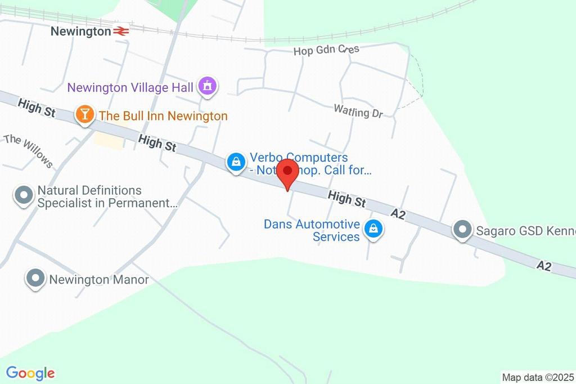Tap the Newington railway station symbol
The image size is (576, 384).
tap(121, 32)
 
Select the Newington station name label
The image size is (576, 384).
tap(81, 32)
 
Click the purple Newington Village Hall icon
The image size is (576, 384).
tap(208, 87)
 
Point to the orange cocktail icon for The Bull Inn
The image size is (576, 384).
tap(84, 115)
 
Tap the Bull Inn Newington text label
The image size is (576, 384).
tap(163, 117)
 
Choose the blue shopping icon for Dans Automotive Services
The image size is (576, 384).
tap(373, 229)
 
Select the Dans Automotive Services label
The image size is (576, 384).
tap(312, 230)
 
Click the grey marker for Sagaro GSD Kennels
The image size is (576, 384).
tap(462, 229)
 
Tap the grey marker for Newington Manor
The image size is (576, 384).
tap(35, 278)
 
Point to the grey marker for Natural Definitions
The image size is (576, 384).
tap(24, 195)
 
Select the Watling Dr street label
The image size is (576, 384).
tap(358, 111)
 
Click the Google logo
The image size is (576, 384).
tap(30, 373)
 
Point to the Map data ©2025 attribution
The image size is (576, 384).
tap(538, 377)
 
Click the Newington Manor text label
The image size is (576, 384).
tap(99, 279)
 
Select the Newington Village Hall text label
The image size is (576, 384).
tap(130, 87)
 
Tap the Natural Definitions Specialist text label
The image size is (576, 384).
tap(107, 197)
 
